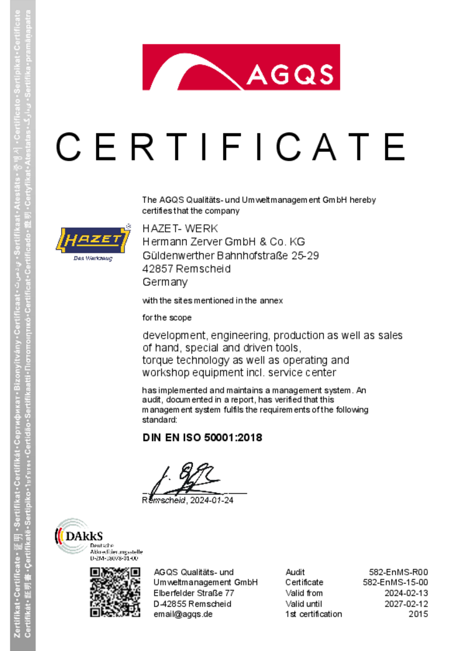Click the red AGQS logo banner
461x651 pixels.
click(x=241, y=67)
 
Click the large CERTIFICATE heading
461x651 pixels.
click(x=230, y=148)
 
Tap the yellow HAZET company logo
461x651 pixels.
click(x=93, y=241)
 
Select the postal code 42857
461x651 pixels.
click(x=158, y=269)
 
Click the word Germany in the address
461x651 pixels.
click(x=165, y=282)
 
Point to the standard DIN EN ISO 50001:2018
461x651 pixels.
click(x=202, y=438)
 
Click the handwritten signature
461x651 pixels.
click(x=187, y=477)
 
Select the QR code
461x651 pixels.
click(x=115, y=592)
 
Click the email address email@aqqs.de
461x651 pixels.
click(x=183, y=614)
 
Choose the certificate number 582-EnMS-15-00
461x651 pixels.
click(x=396, y=583)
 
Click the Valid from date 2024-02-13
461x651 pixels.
click(x=406, y=593)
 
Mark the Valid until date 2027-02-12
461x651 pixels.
click(x=406, y=604)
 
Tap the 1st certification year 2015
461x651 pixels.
click(x=419, y=614)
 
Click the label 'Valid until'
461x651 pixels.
click(x=304, y=604)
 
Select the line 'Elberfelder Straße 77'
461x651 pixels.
click(x=194, y=593)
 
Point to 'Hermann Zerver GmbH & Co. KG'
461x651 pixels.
click(x=224, y=241)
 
